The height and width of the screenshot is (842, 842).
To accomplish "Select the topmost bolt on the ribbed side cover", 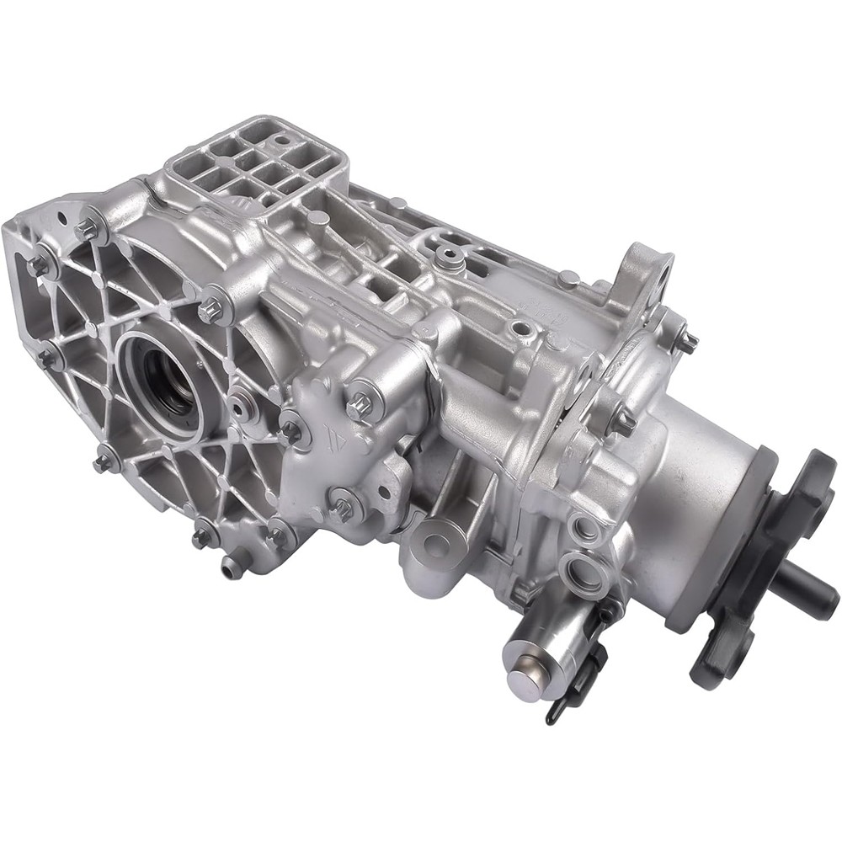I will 88,228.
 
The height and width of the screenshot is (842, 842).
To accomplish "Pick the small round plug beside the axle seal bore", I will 242,407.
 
